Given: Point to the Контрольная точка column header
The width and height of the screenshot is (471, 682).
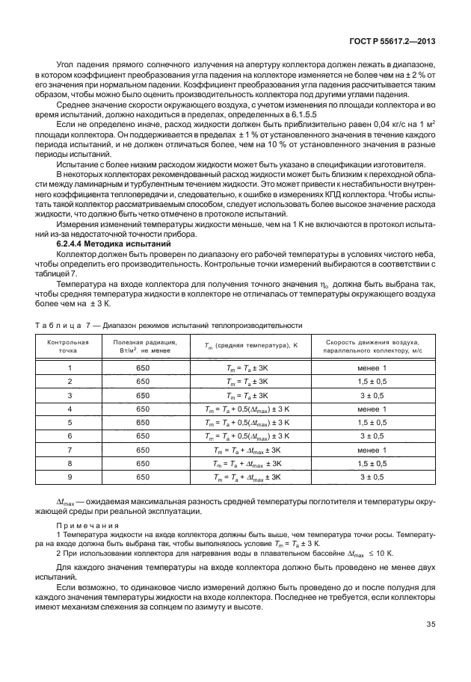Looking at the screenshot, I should [69, 347].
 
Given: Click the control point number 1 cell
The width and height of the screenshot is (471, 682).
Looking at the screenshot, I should [69, 368].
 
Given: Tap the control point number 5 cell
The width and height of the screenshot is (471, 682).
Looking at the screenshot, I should [69, 422].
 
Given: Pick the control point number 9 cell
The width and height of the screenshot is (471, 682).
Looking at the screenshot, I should [69, 476].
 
